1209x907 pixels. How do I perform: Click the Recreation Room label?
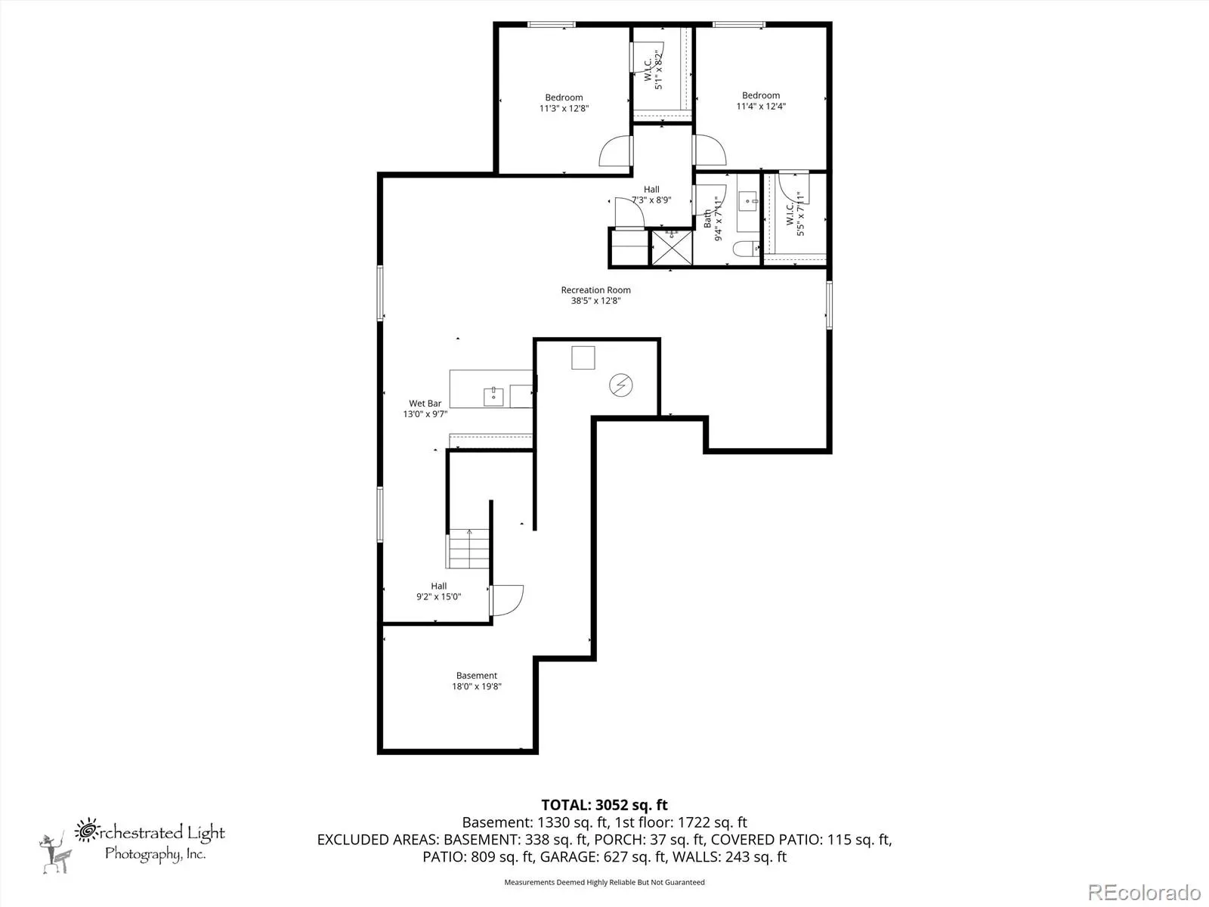(x=595, y=289)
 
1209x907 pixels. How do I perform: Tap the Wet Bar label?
(x=425, y=403)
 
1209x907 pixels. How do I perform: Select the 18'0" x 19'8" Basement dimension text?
(x=477, y=686)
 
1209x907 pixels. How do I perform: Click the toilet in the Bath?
(x=746, y=249)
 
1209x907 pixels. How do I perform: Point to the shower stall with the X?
(x=672, y=248)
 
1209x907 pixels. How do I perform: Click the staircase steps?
(x=468, y=549)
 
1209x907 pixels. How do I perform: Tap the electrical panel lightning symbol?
(x=621, y=385)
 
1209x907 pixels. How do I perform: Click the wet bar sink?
(x=493, y=397)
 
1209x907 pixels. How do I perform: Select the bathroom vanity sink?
(x=747, y=202)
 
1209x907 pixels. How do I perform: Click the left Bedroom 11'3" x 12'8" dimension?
(x=564, y=109)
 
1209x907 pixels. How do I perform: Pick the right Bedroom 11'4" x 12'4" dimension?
(x=761, y=107)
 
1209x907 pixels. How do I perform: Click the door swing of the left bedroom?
(x=614, y=150)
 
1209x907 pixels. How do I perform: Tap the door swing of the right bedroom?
(x=710, y=150)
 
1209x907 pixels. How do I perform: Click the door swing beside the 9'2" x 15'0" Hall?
(x=507, y=600)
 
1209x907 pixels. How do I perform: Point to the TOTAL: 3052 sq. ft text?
(x=604, y=805)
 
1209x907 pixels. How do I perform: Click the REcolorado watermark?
(x=1144, y=892)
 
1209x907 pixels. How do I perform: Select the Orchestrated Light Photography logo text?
(x=150, y=840)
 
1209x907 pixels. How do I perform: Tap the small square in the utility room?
(x=583, y=358)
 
